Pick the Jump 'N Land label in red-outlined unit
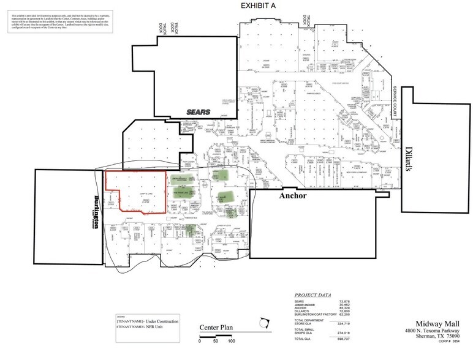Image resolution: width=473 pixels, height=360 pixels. click(x=137, y=193)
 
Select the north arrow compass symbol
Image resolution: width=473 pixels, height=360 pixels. click(x=265, y=322)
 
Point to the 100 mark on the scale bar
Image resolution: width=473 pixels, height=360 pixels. click(x=231, y=341)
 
